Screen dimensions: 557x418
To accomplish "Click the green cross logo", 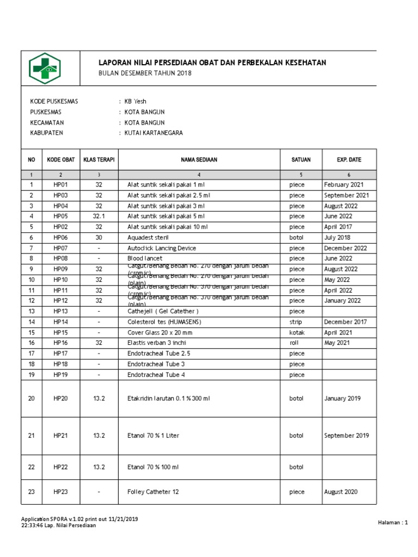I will [45, 68].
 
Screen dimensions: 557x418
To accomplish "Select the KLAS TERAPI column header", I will [99, 160].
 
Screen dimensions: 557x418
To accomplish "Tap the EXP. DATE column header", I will [349, 160].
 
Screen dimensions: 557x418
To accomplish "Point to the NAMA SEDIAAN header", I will [199, 160].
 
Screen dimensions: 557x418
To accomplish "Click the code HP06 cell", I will [61, 238].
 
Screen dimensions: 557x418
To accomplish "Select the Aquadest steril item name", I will [148, 238].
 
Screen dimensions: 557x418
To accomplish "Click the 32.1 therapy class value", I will [99, 216].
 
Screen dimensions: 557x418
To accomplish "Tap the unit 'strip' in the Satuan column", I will [296, 322].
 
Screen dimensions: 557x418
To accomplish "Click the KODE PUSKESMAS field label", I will [54, 101].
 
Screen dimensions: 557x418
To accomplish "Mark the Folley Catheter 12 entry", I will [153, 492].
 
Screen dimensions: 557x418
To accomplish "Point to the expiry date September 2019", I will [347, 435].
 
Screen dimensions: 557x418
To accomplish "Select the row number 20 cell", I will [32, 398].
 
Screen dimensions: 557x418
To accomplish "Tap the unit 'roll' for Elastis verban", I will [294, 343].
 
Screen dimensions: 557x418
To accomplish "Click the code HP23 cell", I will [61, 492].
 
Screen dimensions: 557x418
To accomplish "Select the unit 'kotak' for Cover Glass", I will [296, 332].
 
